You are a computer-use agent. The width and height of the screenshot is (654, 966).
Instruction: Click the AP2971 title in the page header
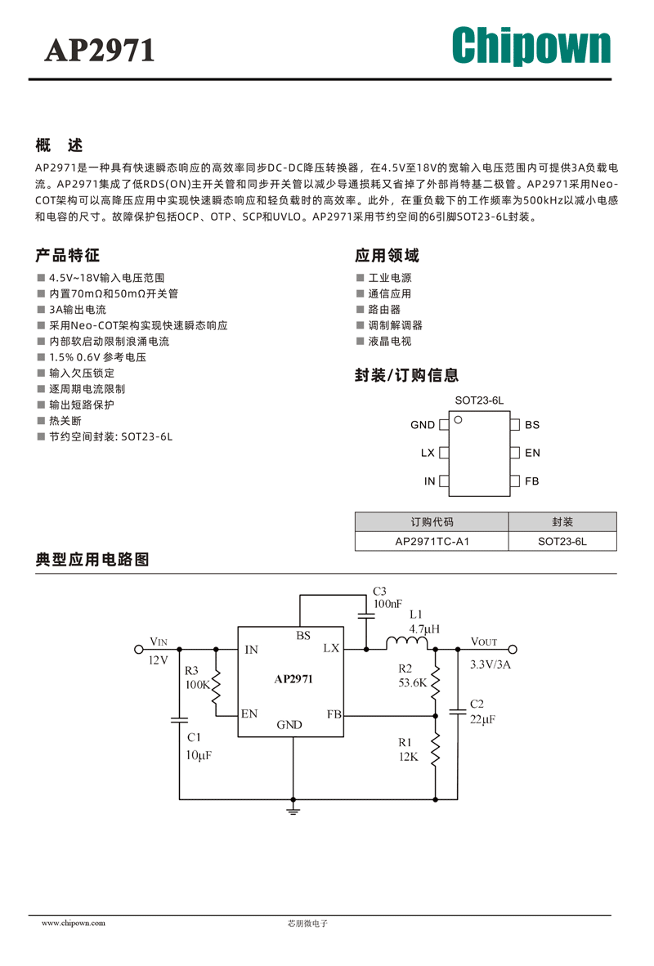click(x=99, y=51)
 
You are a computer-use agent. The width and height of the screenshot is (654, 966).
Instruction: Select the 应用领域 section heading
click(x=387, y=255)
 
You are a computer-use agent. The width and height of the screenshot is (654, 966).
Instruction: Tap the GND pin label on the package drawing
click(x=422, y=424)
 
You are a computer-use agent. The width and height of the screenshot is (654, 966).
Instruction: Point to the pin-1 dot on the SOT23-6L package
click(x=458, y=419)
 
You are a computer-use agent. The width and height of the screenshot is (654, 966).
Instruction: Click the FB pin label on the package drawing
click(x=532, y=481)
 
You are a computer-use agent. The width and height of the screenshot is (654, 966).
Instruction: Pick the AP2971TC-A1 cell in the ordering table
click(x=432, y=542)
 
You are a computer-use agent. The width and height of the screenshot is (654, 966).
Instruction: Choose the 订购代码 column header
click(x=432, y=521)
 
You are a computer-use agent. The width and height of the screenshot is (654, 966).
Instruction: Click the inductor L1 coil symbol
click(x=407, y=643)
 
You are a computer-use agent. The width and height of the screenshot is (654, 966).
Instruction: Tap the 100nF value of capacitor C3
click(x=387, y=604)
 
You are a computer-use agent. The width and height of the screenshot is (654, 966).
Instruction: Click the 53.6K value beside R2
click(x=412, y=682)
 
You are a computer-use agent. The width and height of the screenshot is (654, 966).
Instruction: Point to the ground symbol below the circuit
click(x=293, y=808)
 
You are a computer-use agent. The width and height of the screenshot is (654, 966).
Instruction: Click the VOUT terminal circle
click(x=513, y=650)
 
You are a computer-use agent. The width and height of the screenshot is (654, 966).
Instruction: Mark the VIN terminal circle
click(x=139, y=650)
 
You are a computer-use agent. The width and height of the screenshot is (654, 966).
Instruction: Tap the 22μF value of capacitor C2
click(x=482, y=719)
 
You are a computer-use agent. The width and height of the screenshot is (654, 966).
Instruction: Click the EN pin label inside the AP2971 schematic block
click(x=249, y=713)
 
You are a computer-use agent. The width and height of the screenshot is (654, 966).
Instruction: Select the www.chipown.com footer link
click(x=74, y=923)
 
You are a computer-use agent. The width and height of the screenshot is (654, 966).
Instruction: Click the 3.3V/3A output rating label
click(x=490, y=664)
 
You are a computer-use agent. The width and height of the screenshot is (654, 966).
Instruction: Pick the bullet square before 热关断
click(x=42, y=420)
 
